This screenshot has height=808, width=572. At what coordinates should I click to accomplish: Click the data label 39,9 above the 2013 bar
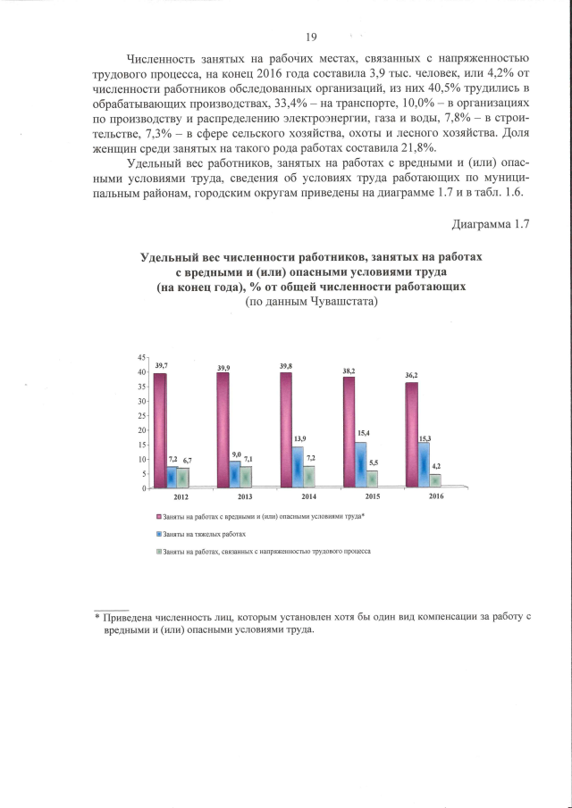click(223, 368)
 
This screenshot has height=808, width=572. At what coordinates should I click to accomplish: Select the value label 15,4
click(362, 432)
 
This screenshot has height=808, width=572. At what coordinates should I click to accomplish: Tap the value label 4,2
click(435, 466)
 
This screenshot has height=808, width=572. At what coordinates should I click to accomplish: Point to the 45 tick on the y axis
click(141, 358)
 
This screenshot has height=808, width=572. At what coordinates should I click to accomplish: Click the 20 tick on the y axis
click(141, 430)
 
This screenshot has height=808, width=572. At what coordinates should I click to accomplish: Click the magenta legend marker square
click(159, 516)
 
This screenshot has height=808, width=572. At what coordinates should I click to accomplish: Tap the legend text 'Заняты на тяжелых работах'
click(205, 534)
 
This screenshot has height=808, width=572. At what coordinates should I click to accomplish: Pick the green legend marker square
click(159, 552)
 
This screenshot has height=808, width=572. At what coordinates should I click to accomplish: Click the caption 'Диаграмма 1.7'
click(492, 223)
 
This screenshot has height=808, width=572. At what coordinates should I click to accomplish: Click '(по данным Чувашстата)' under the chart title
click(311, 302)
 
